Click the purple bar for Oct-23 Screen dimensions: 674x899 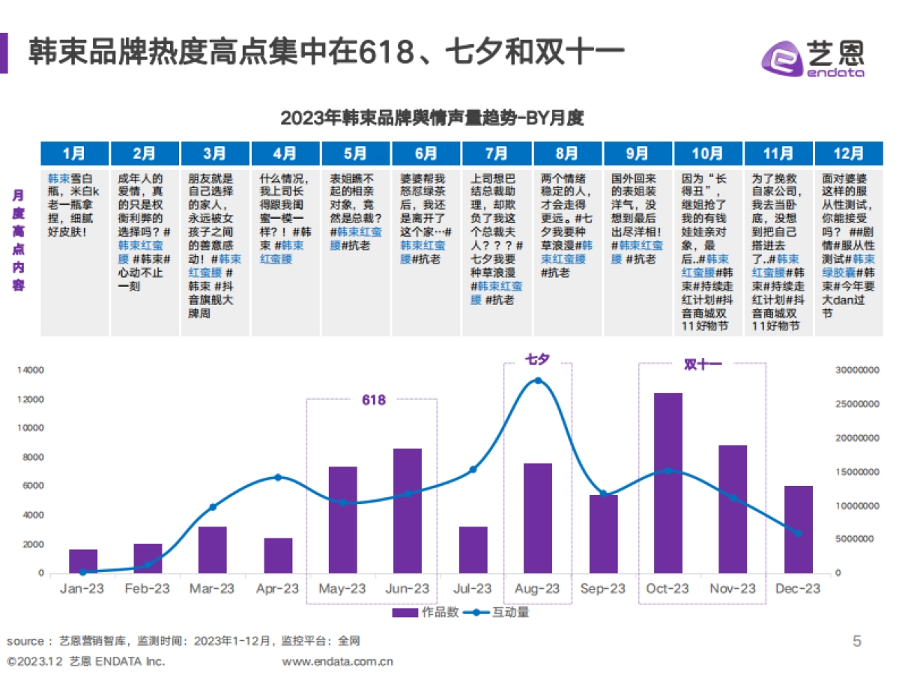(x=668, y=482)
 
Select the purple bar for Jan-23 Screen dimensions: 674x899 (x=83, y=561)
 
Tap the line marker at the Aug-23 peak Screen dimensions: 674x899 (x=538, y=381)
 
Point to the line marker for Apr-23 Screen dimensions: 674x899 (x=278, y=477)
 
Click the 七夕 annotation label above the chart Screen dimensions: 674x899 (x=537, y=360)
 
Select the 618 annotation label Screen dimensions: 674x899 (x=373, y=400)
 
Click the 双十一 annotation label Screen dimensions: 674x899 (x=702, y=365)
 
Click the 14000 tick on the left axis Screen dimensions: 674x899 (x=31, y=371)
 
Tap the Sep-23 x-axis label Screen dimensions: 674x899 (x=602, y=589)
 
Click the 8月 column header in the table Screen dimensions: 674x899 (x=567, y=154)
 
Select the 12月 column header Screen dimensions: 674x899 (x=848, y=154)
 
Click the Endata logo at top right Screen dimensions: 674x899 (x=813, y=56)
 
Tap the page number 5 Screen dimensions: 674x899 (x=857, y=641)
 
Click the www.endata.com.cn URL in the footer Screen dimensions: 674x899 (x=337, y=661)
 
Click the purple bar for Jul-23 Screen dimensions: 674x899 (x=473, y=550)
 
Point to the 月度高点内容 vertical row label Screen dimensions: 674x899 (x=17, y=240)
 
